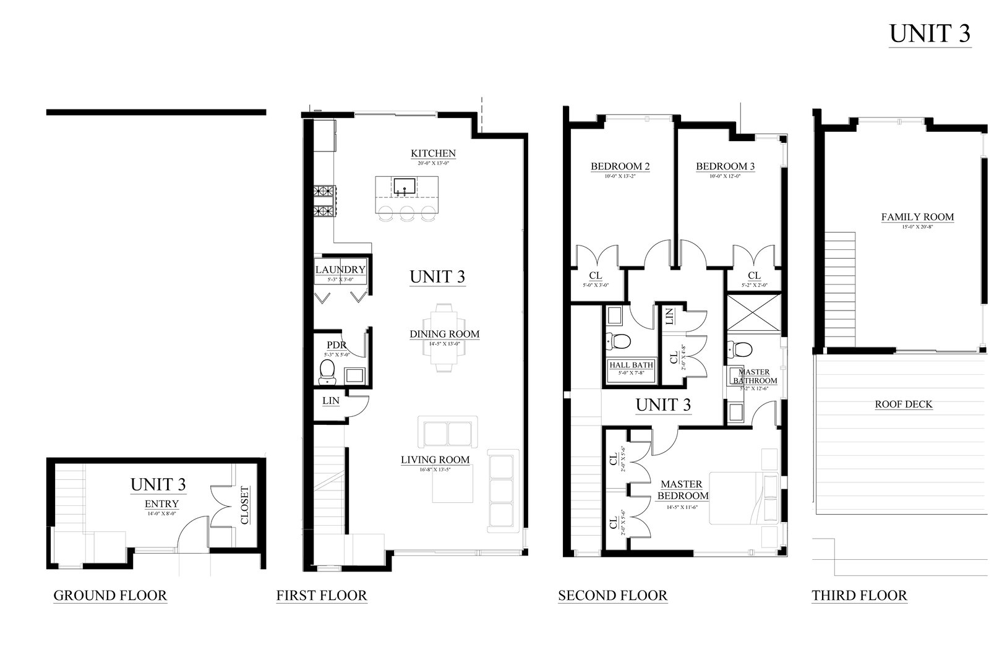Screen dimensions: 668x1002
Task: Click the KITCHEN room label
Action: point(433,153)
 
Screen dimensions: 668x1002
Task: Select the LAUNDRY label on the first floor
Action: point(340,270)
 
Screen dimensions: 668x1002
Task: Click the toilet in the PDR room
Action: point(327,371)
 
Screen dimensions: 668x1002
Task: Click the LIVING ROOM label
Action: point(435,460)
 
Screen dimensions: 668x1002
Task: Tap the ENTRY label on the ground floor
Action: point(161,503)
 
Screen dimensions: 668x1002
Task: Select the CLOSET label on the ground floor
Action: point(244,505)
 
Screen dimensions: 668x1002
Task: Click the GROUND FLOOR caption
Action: point(110,596)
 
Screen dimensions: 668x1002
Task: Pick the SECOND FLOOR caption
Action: point(612,596)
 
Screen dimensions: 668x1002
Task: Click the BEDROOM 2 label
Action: point(620,166)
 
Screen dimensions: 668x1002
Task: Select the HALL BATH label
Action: point(631,365)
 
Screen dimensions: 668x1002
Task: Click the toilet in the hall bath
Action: point(619,340)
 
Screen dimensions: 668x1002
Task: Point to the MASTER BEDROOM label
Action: point(682,490)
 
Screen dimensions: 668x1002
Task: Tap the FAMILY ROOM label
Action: point(917,217)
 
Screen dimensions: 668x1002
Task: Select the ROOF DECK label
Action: point(904,405)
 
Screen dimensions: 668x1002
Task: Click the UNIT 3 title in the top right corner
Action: point(930,34)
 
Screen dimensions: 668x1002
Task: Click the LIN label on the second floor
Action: point(669,317)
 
